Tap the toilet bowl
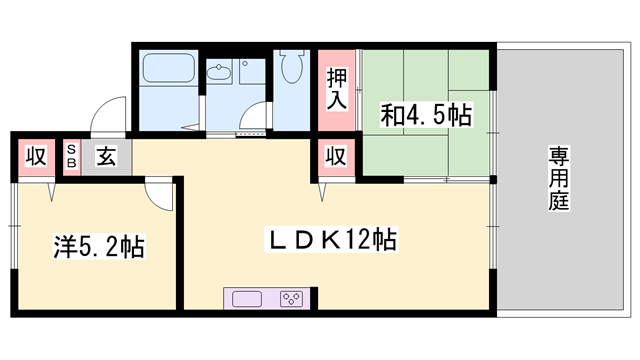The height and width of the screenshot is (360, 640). pos(292,69)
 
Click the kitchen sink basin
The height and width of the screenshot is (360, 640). pos(248,298)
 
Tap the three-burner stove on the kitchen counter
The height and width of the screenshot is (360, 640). pos(291,298)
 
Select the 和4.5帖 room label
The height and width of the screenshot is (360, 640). pos(425,115)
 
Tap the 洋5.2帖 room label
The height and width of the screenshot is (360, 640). pos(97,245)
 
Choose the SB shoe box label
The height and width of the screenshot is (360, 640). pos(71,156)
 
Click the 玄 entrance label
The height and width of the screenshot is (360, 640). pos(105,156)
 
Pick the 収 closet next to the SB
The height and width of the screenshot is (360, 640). pos(35,156)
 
